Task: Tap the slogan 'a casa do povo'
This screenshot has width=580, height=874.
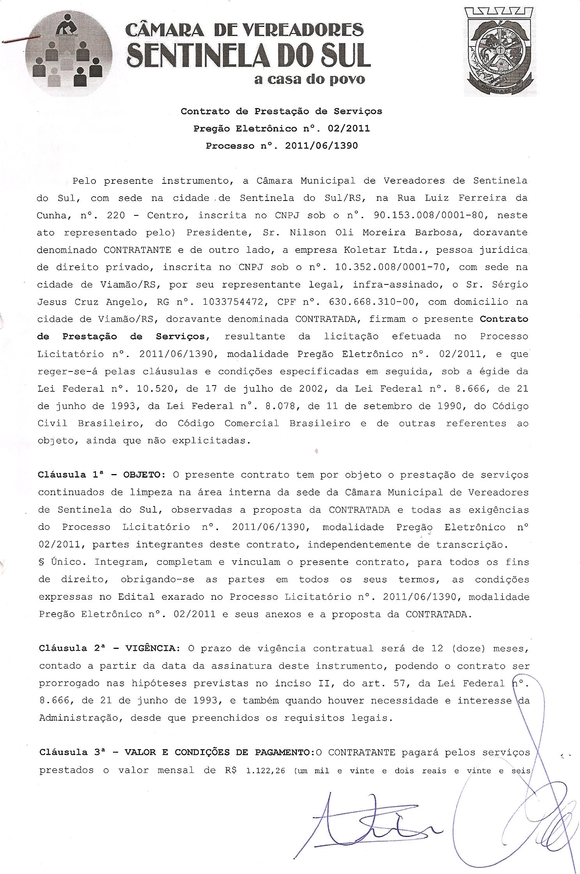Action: coord(309,80)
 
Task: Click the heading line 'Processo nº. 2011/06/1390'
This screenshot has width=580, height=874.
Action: coord(281,146)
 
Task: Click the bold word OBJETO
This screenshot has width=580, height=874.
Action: coord(141,475)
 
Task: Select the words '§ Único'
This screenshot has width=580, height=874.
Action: coord(61,562)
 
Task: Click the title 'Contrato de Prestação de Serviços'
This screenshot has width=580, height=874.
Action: coord(281,111)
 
